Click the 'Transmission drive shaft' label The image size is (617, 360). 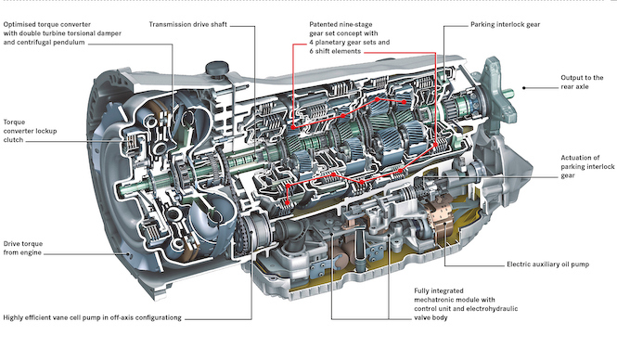click(x=187, y=24)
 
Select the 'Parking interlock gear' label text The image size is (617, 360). click(x=506, y=24)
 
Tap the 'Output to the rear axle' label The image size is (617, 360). click(x=582, y=83)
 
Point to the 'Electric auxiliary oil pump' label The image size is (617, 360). click(x=547, y=264)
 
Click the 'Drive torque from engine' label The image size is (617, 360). click(x=23, y=249)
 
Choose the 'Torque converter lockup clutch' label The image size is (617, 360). click(x=30, y=131)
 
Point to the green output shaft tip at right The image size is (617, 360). click(x=509, y=94)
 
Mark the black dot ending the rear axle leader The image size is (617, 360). click(x=523, y=88)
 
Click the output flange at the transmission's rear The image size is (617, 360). click(x=496, y=88)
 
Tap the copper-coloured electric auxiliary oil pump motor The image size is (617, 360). click(x=439, y=219)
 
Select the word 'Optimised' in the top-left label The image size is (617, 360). click(x=19, y=24)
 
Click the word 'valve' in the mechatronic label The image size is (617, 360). click(x=422, y=318)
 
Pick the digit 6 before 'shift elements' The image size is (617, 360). click(x=311, y=52)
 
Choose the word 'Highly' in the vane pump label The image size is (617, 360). click(x=13, y=318)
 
